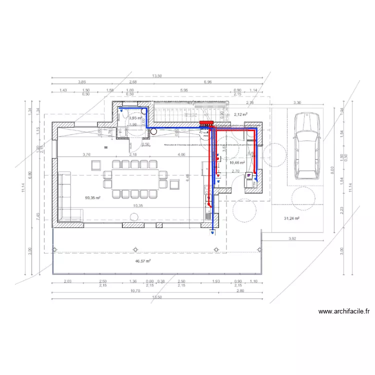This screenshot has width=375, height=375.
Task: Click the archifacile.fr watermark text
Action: pos(344,311)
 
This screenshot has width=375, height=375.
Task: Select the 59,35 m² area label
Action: pos(93,198)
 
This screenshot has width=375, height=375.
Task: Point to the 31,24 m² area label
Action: pos(291,218)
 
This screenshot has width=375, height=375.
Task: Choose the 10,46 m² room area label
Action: pos(236,162)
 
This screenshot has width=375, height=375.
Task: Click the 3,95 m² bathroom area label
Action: pos(135,118)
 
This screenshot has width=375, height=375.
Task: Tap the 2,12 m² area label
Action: pos(241,114)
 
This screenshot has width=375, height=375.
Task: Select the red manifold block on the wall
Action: pos(206,122)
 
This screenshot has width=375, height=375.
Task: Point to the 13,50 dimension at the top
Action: pos(156,76)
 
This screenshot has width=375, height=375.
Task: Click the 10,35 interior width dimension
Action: pos(138,205)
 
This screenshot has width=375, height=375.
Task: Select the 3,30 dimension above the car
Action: pos(296,102)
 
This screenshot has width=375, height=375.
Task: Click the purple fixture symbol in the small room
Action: pos(248,182)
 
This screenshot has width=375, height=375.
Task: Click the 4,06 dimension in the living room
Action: pos(181,155)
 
